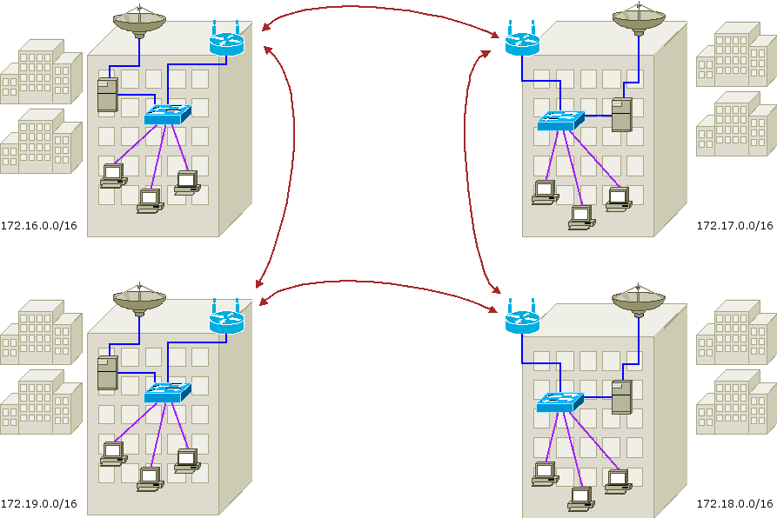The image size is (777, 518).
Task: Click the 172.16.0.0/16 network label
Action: tap(39, 226)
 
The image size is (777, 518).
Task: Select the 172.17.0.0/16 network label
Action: tap(734, 226)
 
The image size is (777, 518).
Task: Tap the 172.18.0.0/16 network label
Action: tap(734, 504)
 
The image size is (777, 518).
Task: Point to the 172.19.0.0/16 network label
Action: tap(39, 504)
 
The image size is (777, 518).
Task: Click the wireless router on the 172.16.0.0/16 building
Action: tap(226, 42)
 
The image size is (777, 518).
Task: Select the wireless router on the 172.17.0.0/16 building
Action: tap(522, 42)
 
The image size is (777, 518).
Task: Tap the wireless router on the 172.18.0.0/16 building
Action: tap(522, 320)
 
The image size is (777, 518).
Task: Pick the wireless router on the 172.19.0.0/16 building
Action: tap(226, 320)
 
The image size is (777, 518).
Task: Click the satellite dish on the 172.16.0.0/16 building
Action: tap(139, 22)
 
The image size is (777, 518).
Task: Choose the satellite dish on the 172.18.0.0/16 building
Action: tap(639, 300)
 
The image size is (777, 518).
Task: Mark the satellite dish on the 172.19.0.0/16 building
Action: tap(139, 300)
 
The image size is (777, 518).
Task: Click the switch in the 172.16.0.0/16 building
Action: tap(167, 114)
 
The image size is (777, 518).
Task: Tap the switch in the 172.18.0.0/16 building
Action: tap(560, 402)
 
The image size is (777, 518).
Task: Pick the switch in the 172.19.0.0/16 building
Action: tap(167, 393)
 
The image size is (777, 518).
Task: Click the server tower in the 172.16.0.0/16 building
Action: tap(107, 95)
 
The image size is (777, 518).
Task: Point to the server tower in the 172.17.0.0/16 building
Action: tap(621, 114)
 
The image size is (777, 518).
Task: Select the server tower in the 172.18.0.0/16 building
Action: tap(621, 396)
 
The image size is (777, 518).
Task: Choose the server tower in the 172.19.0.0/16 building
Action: tap(107, 373)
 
